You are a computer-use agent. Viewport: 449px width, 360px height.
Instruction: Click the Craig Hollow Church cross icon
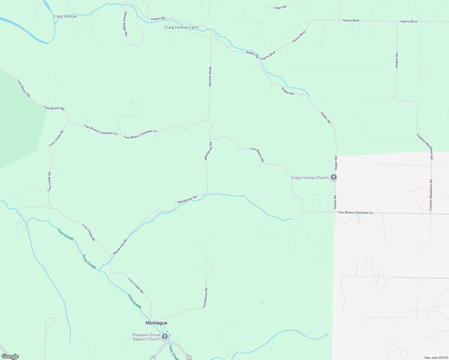point(333,177)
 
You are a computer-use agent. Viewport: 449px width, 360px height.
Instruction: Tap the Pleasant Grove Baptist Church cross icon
point(164,336)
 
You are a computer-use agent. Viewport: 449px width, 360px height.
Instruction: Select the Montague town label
point(156,323)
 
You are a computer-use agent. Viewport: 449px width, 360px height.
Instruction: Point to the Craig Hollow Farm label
point(181,27)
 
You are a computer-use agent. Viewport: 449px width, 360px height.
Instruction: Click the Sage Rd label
point(280,7)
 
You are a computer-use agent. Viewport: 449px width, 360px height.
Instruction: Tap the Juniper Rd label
point(396,61)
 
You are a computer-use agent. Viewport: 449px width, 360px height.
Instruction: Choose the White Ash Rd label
point(210,76)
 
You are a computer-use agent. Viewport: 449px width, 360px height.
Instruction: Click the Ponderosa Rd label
point(205,298)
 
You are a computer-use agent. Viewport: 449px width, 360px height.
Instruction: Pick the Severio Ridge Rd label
point(126,24)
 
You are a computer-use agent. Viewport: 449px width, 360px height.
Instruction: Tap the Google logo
point(10,356)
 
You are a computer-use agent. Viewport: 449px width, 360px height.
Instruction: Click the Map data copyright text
point(436,358)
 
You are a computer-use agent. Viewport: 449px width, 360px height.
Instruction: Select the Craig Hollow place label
point(65,16)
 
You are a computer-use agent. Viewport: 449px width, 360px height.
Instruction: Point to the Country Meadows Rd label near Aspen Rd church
point(431,195)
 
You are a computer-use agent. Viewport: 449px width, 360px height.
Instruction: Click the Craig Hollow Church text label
point(310,178)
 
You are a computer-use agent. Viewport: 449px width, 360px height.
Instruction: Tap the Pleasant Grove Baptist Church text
point(146,337)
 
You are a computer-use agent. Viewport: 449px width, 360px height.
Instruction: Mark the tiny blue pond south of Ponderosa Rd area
point(263,303)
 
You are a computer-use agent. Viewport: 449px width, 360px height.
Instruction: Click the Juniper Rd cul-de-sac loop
point(394,97)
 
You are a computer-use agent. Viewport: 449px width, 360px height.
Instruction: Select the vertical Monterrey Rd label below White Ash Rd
point(208,151)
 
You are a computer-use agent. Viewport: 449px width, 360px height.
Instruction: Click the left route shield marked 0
point(153,358)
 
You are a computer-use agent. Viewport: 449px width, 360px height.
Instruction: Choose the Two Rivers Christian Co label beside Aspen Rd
point(355,212)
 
